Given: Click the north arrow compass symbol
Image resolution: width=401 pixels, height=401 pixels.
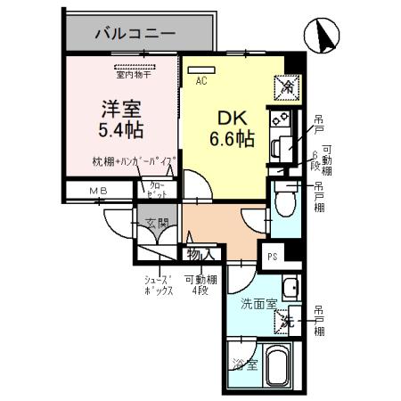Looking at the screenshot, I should tap(322, 37).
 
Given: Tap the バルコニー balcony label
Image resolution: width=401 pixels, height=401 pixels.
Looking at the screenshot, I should tap(135, 33).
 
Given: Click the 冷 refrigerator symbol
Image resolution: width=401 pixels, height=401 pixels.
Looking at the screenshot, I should tap(289, 86).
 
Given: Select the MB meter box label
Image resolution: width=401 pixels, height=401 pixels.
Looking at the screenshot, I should tap(95, 192).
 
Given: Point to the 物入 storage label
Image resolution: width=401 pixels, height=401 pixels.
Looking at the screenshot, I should tap(200, 254).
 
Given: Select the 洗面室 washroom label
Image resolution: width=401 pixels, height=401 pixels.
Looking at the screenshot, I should tap(258, 303).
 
